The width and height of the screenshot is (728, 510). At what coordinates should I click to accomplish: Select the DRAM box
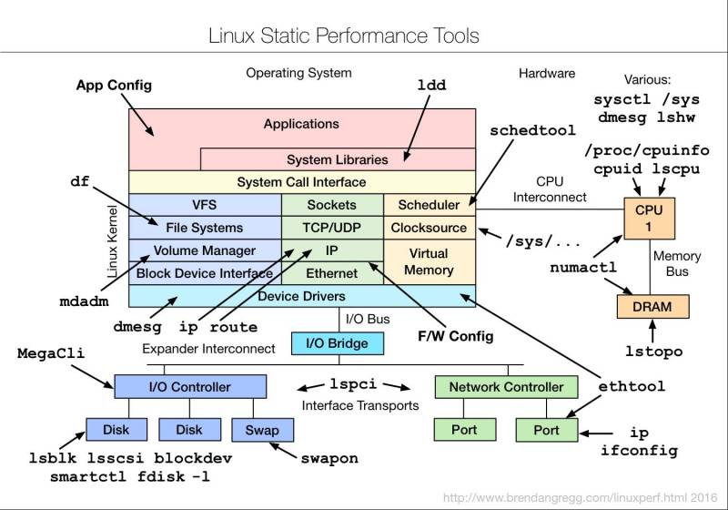point(652,307)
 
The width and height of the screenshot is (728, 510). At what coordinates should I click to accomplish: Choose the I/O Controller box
point(190,387)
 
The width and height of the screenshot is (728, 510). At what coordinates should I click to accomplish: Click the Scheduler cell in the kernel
point(429,205)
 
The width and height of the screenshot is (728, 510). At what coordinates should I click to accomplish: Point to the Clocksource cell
point(429,228)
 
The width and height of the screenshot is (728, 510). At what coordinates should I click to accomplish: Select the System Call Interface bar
point(301,182)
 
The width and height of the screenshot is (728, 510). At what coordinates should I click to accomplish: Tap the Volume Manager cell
point(205,250)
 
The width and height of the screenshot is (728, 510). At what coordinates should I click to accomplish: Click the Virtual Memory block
point(429,261)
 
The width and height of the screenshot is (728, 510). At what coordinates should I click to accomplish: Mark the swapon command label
point(329,458)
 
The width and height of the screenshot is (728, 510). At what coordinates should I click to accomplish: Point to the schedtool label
point(529,130)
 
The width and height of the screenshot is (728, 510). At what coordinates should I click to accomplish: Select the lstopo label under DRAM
point(653,351)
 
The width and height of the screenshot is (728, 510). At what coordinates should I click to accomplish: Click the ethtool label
point(631,386)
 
